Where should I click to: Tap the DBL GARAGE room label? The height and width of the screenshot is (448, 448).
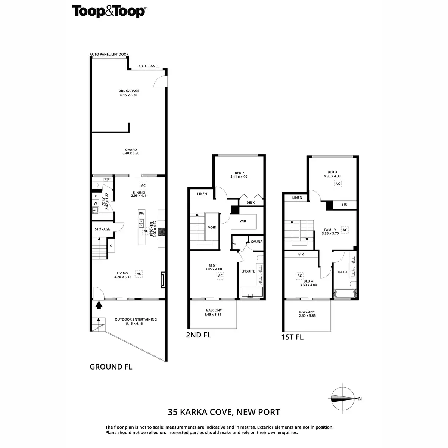pyautogui.click(x=129, y=91)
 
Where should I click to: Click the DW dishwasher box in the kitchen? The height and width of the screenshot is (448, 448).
pyautogui.click(x=141, y=213)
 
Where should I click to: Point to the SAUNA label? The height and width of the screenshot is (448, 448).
pyautogui.click(x=256, y=242)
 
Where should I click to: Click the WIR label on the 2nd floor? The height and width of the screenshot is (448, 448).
pyautogui.click(x=243, y=221)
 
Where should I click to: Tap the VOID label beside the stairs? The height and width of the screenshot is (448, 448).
pyautogui.click(x=212, y=227)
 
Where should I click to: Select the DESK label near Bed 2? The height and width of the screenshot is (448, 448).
pyautogui.click(x=251, y=203)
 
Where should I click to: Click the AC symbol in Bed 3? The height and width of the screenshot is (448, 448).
pyautogui.click(x=337, y=184)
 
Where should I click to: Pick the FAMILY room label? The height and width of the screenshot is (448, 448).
pyautogui.click(x=330, y=230)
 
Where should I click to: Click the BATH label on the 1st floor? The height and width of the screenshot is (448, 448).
pyautogui.click(x=342, y=272)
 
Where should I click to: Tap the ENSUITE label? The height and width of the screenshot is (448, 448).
pyautogui.click(x=248, y=271)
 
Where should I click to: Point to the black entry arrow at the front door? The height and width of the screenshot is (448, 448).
pyautogui.click(x=99, y=305)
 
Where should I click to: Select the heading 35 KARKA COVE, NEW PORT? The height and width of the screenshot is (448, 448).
pyautogui.click(x=224, y=413)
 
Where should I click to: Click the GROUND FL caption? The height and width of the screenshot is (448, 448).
pyautogui.click(x=111, y=367)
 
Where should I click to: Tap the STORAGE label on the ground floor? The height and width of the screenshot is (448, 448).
pyautogui.click(x=102, y=229)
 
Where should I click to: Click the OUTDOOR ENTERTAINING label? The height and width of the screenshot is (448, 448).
pyautogui.click(x=136, y=320)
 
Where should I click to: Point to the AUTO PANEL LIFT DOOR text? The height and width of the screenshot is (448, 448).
pyautogui.click(x=109, y=55)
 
